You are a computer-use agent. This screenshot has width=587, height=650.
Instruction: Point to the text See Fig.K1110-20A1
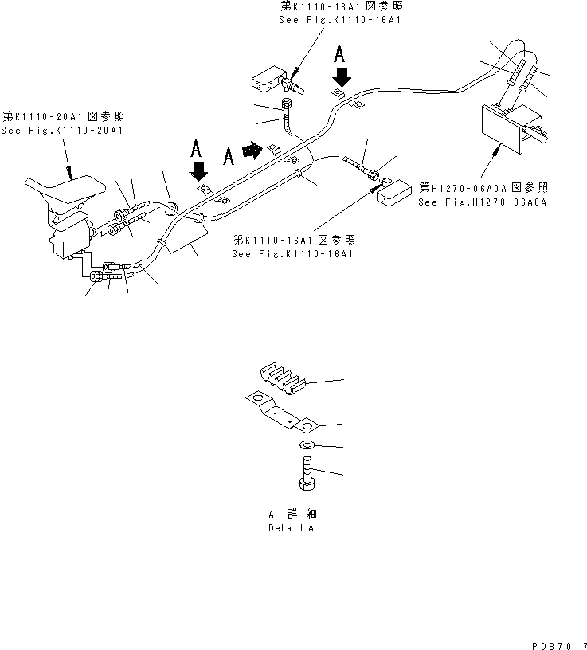[63, 130]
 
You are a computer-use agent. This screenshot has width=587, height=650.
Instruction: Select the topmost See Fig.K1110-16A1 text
[339, 19]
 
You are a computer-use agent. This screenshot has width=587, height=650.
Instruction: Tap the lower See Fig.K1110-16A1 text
[293, 254]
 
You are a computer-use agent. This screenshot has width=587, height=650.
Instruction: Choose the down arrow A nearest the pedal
[199, 170]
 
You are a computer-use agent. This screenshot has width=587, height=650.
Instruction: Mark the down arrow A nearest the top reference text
[342, 76]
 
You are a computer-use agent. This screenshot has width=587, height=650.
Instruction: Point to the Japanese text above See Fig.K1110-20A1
[63, 116]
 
